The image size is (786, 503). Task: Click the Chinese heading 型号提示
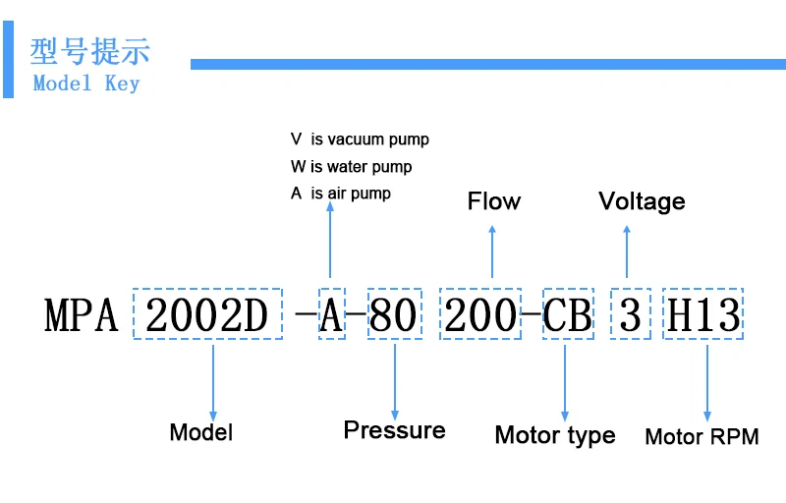(x=90, y=51)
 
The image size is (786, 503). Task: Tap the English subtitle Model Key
(x=86, y=84)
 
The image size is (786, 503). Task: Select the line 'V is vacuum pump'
(x=360, y=140)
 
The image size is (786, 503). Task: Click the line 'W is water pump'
(x=351, y=166)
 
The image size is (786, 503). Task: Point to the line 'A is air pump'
(x=340, y=194)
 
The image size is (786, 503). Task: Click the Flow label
(x=494, y=201)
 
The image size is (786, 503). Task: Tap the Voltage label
(x=642, y=202)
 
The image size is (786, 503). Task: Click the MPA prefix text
(x=82, y=315)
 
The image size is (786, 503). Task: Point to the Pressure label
(x=395, y=430)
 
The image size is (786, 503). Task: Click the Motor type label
(x=555, y=435)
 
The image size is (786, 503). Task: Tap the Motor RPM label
(x=702, y=437)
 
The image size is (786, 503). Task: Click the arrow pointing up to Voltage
(x=627, y=251)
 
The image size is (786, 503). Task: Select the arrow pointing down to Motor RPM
(x=707, y=383)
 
